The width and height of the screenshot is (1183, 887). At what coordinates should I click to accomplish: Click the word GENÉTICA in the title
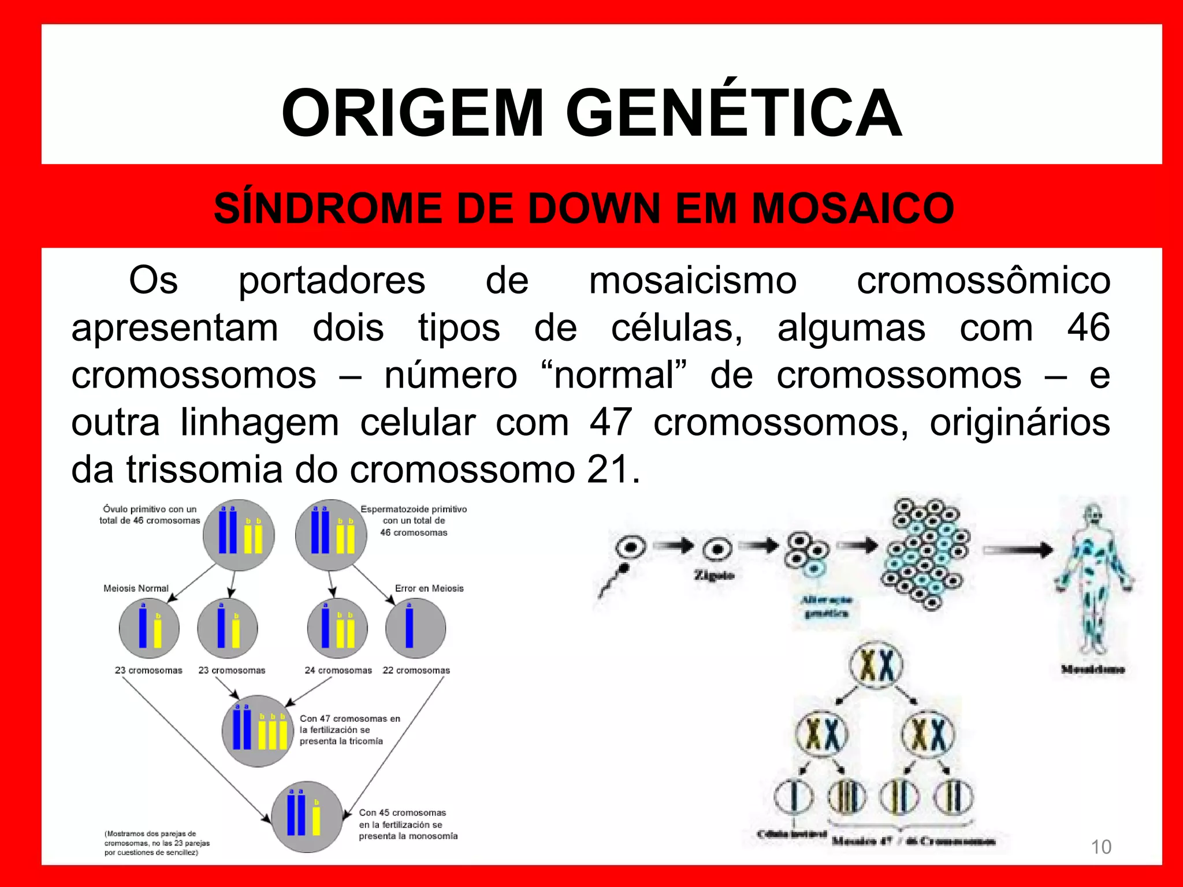[734, 114]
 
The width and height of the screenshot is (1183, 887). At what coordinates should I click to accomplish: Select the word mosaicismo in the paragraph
[693, 281]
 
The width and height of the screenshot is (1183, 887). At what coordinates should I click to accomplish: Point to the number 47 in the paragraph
[611, 422]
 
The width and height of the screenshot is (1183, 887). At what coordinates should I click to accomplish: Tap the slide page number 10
[1100, 847]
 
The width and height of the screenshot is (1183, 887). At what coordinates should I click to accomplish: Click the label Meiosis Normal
[136, 588]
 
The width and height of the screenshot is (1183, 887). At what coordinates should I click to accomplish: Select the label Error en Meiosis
[429, 588]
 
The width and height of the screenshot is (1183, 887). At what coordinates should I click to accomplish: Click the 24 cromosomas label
[338, 670]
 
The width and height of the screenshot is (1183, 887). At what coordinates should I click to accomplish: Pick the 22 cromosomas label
[416, 670]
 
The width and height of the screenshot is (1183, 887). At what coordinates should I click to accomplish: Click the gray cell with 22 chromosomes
[415, 628]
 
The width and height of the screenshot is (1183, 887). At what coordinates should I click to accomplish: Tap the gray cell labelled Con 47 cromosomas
[258, 731]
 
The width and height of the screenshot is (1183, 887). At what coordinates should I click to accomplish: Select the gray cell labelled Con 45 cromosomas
[307, 817]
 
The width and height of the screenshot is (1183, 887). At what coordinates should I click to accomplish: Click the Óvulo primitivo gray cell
[238, 535]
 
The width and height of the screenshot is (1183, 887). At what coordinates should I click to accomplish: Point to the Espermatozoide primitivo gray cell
[331, 535]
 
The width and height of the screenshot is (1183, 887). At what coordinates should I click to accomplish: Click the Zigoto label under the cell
[714, 575]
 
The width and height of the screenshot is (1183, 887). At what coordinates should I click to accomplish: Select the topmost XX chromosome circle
[876, 666]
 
